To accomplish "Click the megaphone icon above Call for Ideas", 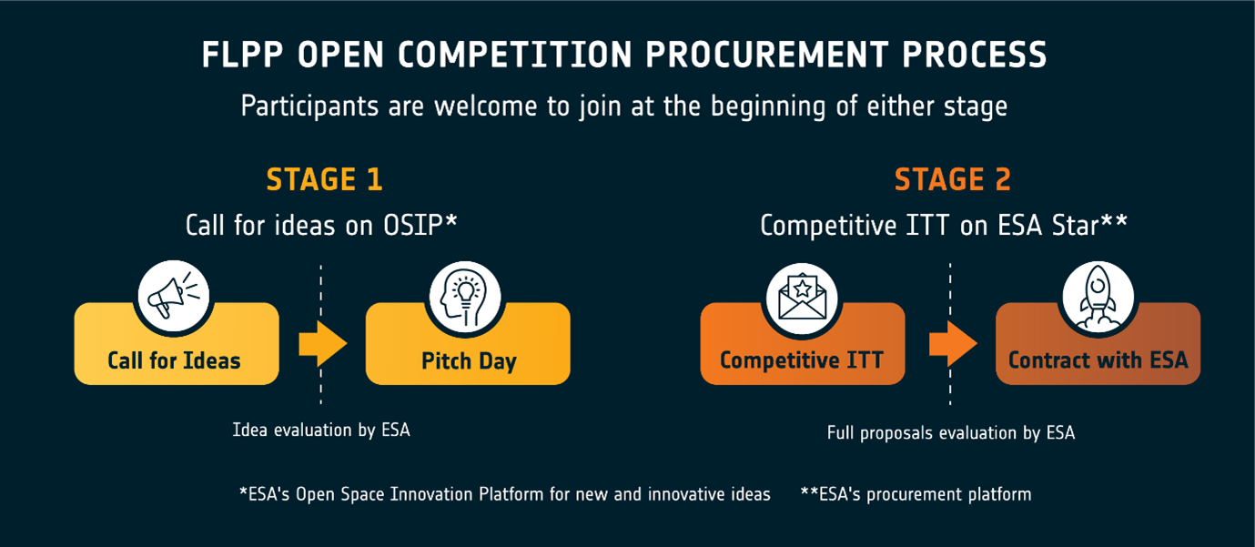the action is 174,296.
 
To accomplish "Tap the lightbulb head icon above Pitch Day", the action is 464,297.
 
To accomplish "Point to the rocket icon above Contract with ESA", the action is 1098,296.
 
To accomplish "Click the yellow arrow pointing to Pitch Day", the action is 323,343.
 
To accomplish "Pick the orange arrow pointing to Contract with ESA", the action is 953,343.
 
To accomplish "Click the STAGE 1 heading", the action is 324,179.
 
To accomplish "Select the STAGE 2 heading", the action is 953,179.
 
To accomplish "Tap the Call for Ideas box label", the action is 174,361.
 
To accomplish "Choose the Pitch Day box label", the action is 469,361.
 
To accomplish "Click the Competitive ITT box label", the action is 802,360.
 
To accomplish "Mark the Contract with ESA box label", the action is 1098,360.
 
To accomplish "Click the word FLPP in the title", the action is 242,55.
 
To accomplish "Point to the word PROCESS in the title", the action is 975,55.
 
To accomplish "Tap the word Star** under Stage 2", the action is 1089,225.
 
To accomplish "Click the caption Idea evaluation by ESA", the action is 321,430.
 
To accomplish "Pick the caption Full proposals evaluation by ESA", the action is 951,432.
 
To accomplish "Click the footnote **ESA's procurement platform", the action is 916,494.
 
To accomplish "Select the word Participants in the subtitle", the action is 309,106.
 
